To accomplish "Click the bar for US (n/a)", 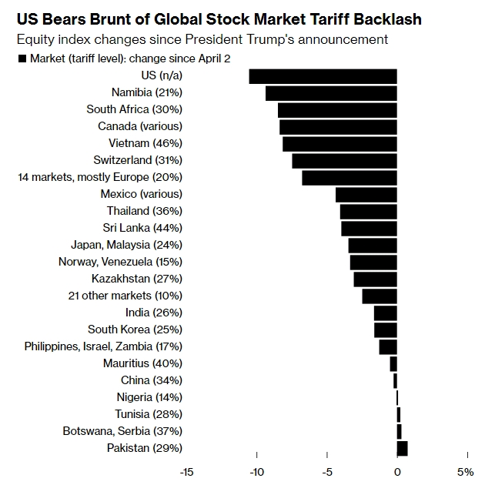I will (323, 76).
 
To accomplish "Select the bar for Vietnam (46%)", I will (339, 144).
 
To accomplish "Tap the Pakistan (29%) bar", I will (402, 448).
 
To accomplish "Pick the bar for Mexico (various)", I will (366, 195).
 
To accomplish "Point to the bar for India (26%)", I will (385, 313).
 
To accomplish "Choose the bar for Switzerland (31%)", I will (344, 161).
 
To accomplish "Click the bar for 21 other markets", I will (380, 296).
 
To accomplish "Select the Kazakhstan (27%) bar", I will (375, 279).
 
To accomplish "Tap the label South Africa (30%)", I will (134, 109).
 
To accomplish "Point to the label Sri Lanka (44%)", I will (142, 228).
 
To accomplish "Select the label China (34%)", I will (151, 380).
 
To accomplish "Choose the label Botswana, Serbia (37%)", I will (122, 431).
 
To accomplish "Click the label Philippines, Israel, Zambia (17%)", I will (103, 346).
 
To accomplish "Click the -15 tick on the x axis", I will (186, 471).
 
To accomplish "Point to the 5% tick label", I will (466, 471).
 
